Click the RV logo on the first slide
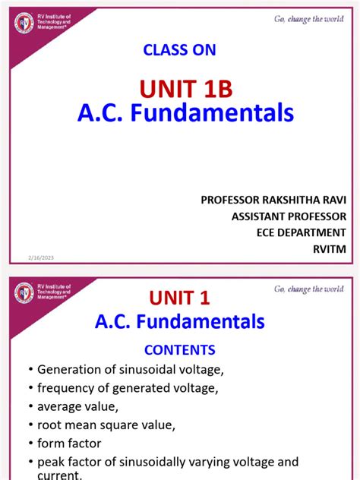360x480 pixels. (x=24, y=24)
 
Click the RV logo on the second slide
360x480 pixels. (x=24, y=292)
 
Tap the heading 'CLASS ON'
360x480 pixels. (x=179, y=50)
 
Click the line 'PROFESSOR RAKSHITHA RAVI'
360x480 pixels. (x=273, y=200)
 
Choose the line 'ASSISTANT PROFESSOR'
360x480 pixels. (x=288, y=216)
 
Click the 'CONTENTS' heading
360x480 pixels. (x=180, y=350)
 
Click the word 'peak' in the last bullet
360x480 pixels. (x=52, y=461)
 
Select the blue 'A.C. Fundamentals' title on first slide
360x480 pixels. (x=185, y=114)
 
